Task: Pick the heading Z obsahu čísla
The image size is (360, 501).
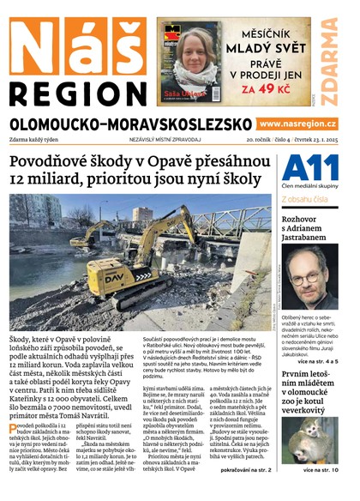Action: (x=304, y=200)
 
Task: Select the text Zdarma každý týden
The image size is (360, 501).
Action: (x=41, y=138)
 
